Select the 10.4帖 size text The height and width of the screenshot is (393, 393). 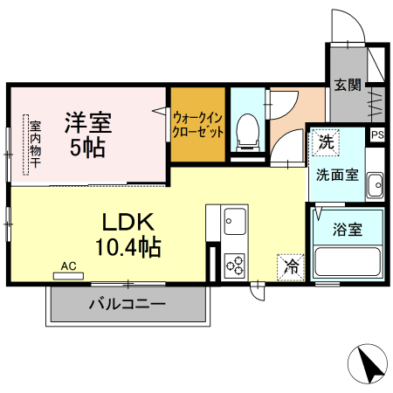[128, 247]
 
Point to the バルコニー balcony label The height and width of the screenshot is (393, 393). [128, 305]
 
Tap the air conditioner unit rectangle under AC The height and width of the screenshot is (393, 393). [70, 275]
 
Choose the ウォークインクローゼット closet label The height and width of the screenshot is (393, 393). [198, 125]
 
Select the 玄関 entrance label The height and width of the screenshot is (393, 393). [347, 85]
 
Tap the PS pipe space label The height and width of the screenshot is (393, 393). [377, 134]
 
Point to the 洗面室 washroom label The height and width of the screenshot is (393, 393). [337, 173]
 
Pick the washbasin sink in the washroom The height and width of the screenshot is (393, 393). [376, 185]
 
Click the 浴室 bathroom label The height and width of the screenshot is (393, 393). [347, 231]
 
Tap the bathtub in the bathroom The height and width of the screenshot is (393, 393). [348, 263]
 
